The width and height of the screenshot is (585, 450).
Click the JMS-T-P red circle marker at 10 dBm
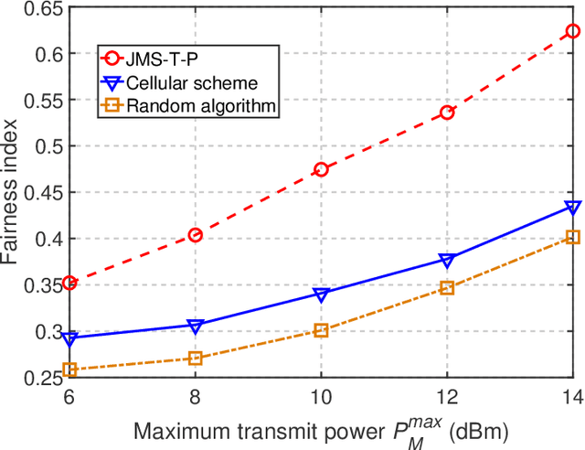[x=321, y=169]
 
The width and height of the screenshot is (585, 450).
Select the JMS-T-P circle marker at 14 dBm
[x=573, y=31]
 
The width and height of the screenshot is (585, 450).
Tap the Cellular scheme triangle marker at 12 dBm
[x=447, y=260]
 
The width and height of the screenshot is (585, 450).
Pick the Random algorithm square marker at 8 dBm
[x=195, y=358]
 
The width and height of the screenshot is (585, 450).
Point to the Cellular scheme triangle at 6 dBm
[x=69, y=338]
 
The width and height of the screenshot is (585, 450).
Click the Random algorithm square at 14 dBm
[x=573, y=237]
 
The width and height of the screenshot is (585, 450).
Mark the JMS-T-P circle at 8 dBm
[x=195, y=235]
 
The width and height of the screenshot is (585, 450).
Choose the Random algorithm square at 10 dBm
[x=321, y=330]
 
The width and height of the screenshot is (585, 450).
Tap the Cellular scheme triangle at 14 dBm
[x=573, y=208]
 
